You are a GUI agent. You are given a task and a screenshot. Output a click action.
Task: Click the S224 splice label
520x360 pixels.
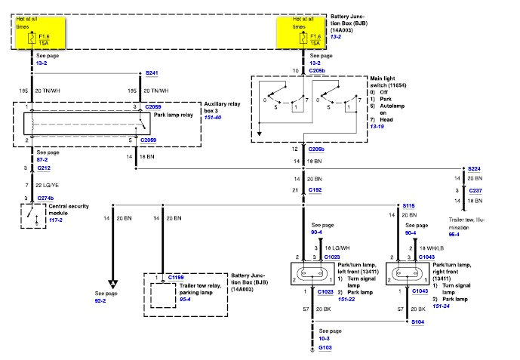click(x=474, y=168)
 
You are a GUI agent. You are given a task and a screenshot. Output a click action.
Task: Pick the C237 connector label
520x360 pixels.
click(x=473, y=191)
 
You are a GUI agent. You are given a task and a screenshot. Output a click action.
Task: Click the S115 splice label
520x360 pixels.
click(x=408, y=205)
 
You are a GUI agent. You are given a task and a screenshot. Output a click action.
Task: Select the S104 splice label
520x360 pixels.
click(x=417, y=322)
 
